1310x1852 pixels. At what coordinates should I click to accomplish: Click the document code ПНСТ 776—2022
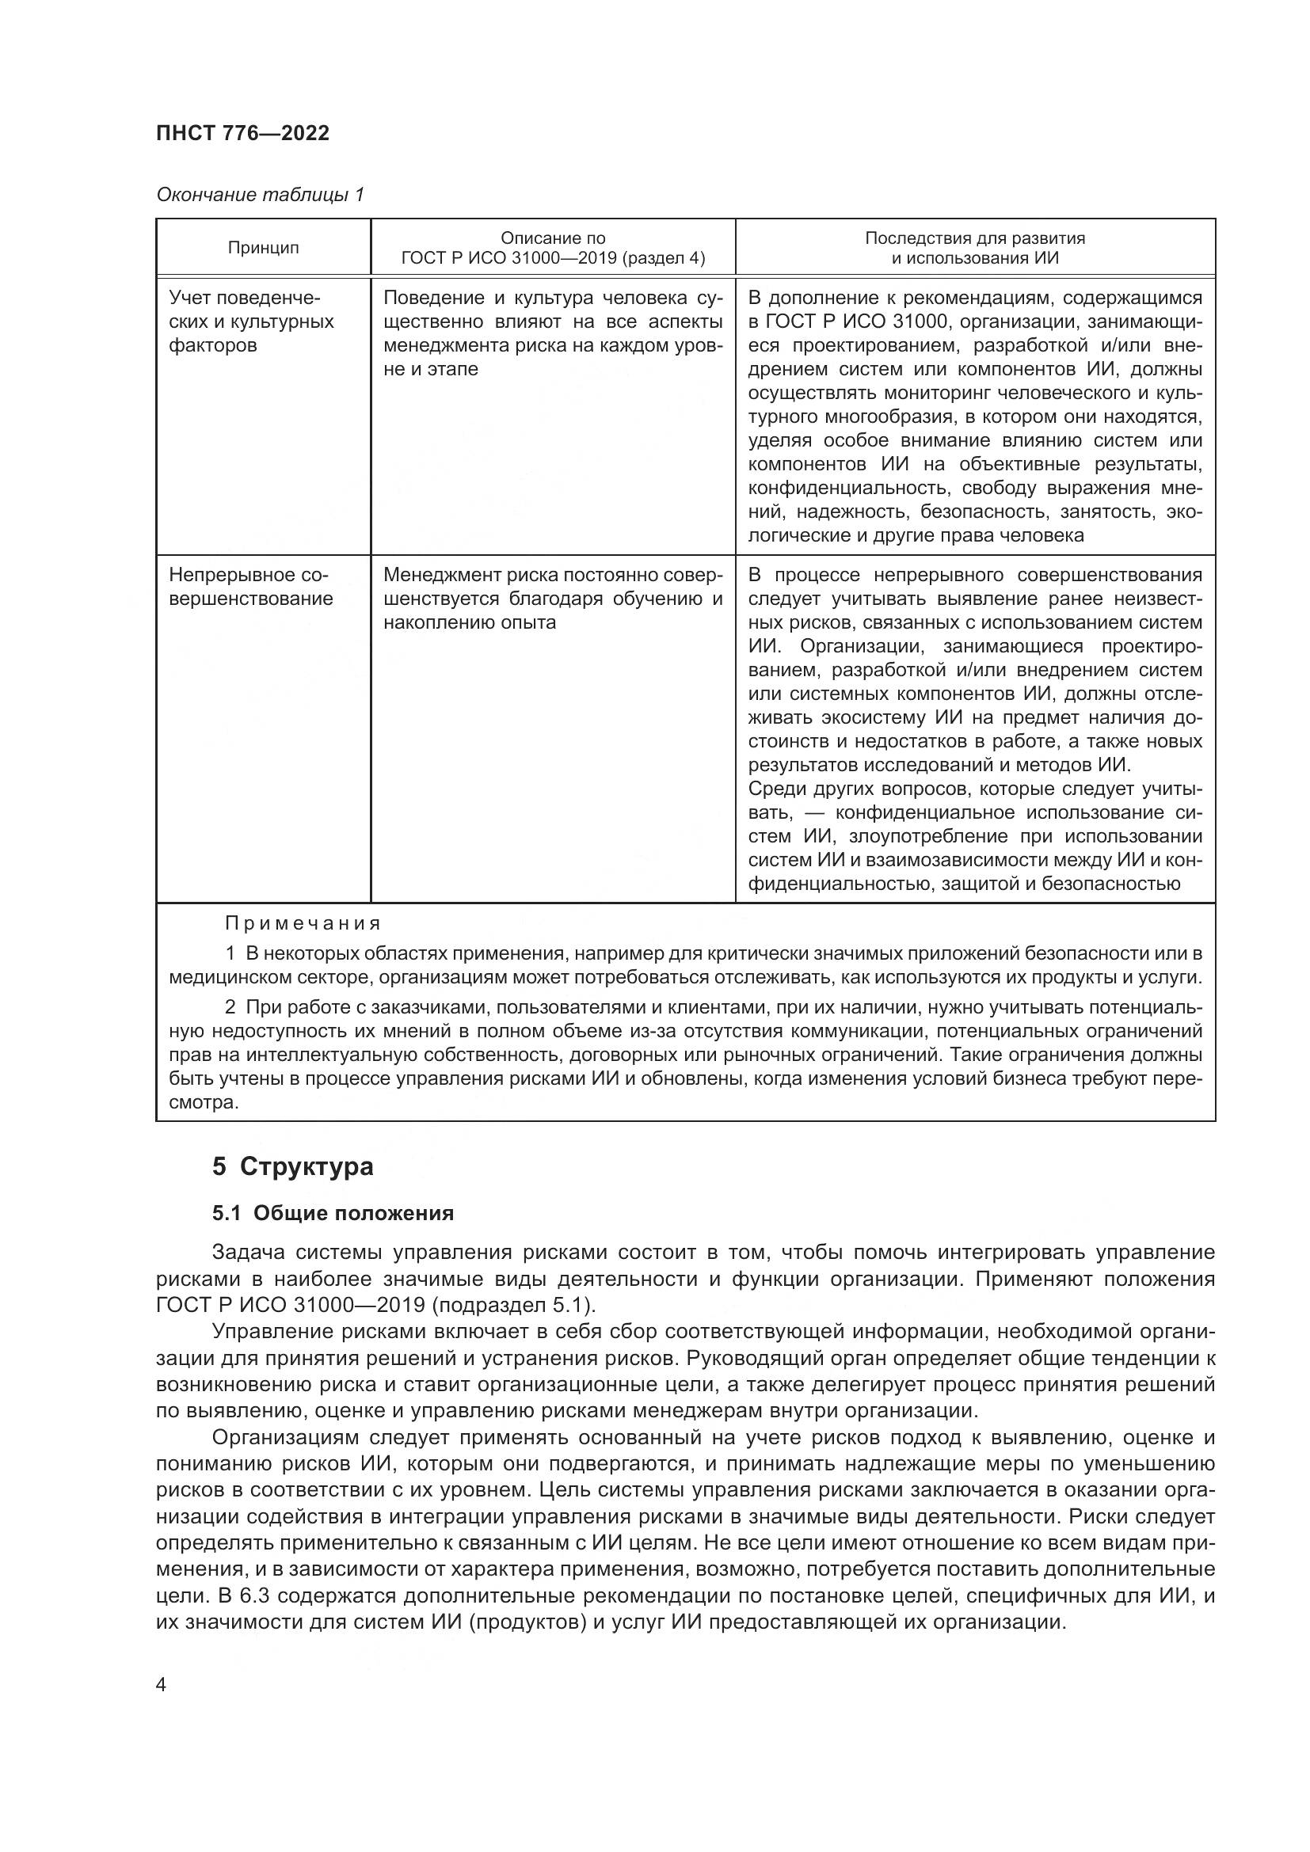[x=243, y=134]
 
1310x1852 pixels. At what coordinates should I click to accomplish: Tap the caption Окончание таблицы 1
[x=260, y=195]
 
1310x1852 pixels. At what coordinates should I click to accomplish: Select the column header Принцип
[x=263, y=248]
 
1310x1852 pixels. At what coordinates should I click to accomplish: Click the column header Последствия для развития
[x=974, y=238]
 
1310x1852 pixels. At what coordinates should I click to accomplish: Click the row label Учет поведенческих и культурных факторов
[x=251, y=321]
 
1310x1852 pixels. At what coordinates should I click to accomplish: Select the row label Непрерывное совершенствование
[x=250, y=587]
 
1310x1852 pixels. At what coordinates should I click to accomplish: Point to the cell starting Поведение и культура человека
[x=553, y=333]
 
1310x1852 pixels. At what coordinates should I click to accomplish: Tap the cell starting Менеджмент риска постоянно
[x=553, y=599]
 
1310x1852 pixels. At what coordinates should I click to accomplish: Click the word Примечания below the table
[x=303, y=922]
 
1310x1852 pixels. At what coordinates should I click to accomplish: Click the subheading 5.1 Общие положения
[x=333, y=1212]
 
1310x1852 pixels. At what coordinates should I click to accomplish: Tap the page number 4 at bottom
[x=162, y=1685]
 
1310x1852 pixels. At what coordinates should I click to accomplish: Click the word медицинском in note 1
[x=221, y=978]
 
